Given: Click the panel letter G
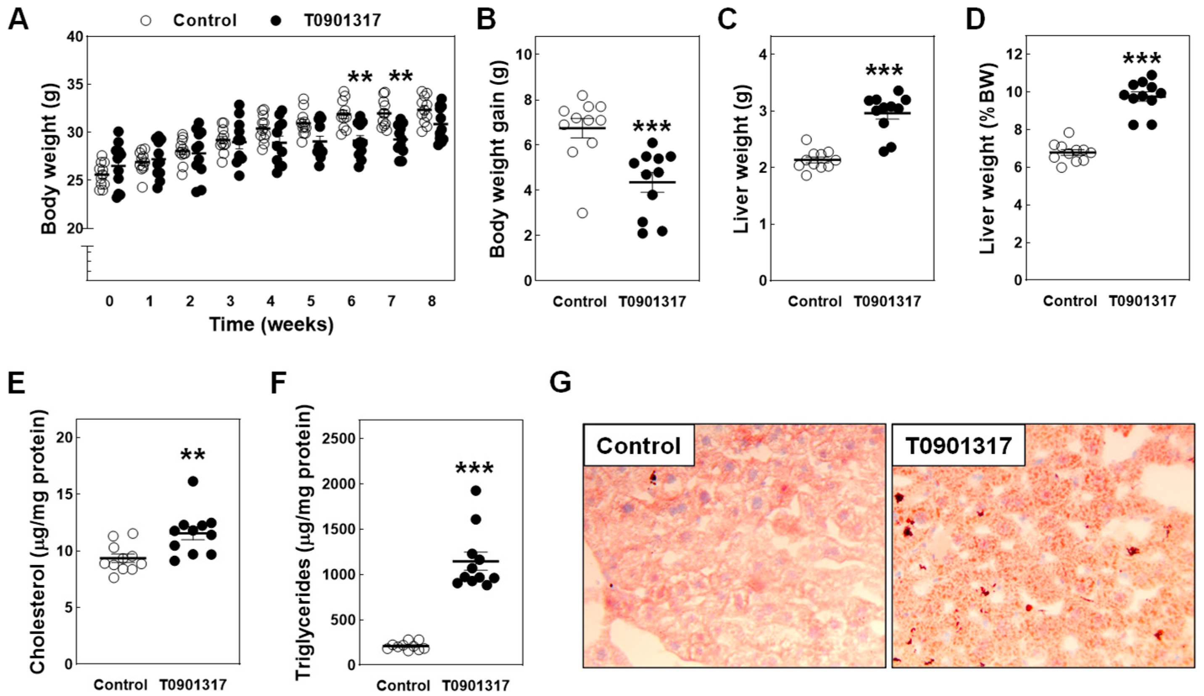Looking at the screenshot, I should (561, 383).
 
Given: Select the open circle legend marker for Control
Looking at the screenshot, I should (146, 21).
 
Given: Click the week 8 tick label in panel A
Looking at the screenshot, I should (432, 301).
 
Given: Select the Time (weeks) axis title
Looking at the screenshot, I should (271, 324).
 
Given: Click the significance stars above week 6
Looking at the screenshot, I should (360, 77).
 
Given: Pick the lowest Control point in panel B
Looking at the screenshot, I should (582, 213).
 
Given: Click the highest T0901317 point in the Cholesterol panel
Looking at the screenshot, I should (192, 481).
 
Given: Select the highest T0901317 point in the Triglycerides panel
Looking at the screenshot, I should (475, 490).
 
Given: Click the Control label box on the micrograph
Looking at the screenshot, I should (638, 445).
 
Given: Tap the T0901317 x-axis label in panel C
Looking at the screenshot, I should (887, 302).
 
